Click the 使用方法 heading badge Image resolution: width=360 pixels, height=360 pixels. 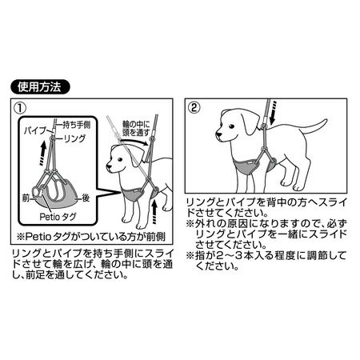pos(40,87)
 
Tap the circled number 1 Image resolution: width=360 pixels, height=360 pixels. pos(21,108)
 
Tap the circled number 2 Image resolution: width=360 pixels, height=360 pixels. pos(194,107)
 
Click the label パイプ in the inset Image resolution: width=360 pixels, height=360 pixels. pos(35,130)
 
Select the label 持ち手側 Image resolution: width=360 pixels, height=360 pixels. pos(77,125)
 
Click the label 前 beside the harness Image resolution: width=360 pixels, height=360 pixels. pos(26,198)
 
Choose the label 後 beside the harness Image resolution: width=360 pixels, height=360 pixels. pos(86,198)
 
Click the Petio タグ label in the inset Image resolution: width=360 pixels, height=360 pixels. pos(58,217)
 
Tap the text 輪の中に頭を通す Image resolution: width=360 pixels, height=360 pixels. pos(136,129)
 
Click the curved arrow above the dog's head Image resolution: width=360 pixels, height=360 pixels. pos(134,142)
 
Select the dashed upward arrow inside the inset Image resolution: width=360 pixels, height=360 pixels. pos(42,154)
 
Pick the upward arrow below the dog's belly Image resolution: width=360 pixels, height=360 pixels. pos(154,213)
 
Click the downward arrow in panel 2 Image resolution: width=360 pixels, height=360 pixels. pos(274,113)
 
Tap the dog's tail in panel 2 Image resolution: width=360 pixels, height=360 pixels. pos(314,128)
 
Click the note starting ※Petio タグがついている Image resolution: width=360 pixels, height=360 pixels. pos(91,237)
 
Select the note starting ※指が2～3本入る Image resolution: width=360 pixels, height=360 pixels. pos(266,261)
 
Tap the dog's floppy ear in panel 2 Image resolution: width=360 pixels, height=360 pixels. pos(250,123)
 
